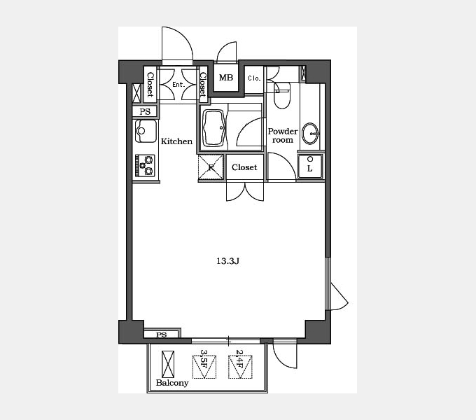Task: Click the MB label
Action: pos(226,78)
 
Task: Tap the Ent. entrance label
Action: pos(178,85)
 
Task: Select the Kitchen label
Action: pos(176,141)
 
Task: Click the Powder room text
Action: pos(283,136)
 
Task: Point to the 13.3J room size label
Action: pos(227,261)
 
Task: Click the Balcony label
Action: pos(172,383)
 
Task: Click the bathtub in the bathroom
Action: pos(214,128)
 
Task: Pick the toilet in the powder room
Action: pos(282,95)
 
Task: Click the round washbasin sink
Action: pos(310,134)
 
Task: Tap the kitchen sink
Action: pos(146,131)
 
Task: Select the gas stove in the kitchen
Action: pos(145,166)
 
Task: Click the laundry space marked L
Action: pos(309,167)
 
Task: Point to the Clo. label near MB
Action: pos(254,78)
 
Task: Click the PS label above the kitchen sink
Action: pos(145,112)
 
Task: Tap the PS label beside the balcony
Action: pos(162,335)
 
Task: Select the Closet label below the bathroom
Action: pos(244,167)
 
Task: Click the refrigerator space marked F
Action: pos(211,167)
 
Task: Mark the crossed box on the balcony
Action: pos(168,364)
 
